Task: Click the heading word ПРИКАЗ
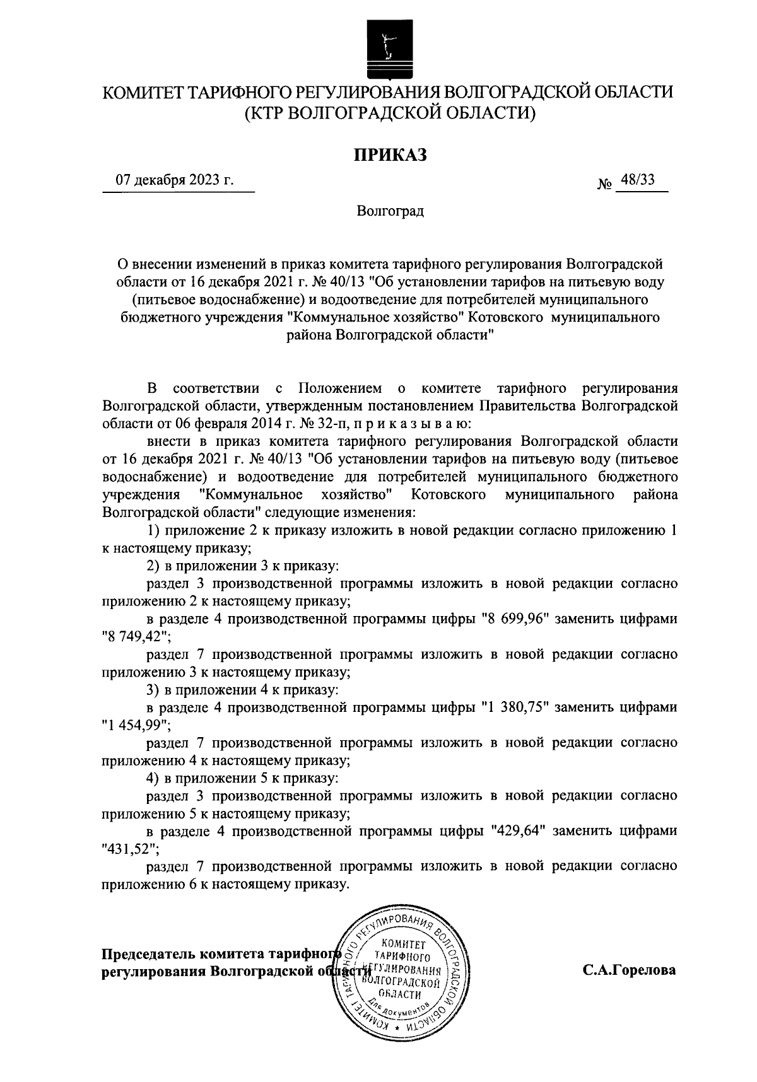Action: pyautogui.click(x=389, y=154)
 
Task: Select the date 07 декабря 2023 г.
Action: pyautogui.click(x=174, y=180)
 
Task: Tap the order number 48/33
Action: pyautogui.click(x=637, y=180)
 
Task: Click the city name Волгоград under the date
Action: pyautogui.click(x=390, y=211)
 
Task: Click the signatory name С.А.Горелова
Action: pyautogui.click(x=629, y=970)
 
